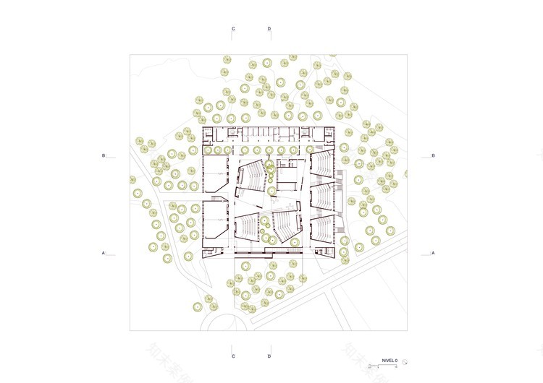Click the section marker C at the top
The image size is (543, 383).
(233, 29)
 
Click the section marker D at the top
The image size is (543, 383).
(269, 29)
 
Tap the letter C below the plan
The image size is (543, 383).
(233, 356)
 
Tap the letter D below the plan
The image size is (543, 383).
(269, 356)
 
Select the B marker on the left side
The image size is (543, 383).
(104, 155)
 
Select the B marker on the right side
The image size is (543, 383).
(433, 155)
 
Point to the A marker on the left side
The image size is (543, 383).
(104, 253)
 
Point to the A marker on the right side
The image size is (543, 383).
(433, 253)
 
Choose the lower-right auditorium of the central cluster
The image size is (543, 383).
(285, 225)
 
